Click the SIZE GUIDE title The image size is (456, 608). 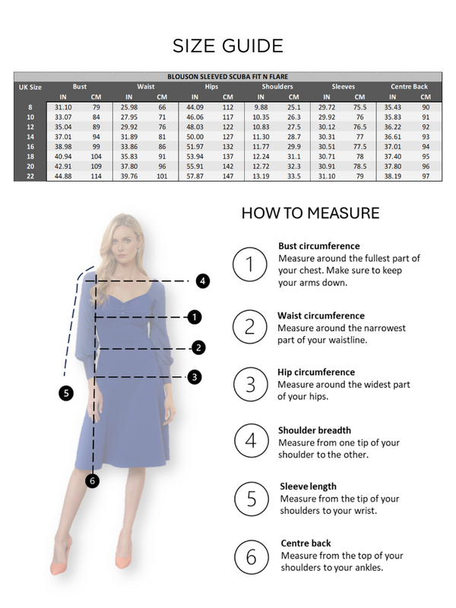(228, 45)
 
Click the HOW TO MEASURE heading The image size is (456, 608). (310, 213)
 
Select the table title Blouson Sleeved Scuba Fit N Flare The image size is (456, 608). (228, 77)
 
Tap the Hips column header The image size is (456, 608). (211, 87)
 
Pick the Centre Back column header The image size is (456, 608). (409, 87)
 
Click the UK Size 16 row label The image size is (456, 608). (30, 145)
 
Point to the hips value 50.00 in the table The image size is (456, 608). (195, 137)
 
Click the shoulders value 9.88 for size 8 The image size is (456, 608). (261, 107)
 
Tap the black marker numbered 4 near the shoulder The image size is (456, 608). (201, 280)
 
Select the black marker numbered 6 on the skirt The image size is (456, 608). (92, 480)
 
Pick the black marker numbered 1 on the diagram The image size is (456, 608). (195, 316)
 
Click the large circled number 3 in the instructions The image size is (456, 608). (250, 385)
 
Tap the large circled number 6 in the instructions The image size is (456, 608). (250, 556)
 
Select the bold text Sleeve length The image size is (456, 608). (308, 486)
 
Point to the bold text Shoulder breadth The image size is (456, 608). (315, 429)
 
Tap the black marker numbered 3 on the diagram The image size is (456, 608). (195, 376)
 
